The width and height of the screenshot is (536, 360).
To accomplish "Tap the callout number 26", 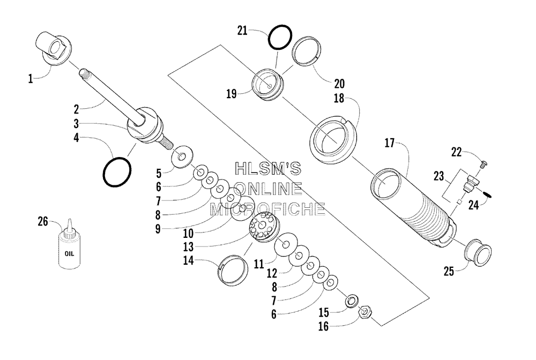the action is pyautogui.click(x=43, y=222).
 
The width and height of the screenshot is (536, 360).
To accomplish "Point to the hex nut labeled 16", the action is pyautogui.click(x=364, y=312).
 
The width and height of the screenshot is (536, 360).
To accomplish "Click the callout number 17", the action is pyautogui.click(x=390, y=143).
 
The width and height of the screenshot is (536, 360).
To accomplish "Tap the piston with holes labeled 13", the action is pyautogui.click(x=263, y=227).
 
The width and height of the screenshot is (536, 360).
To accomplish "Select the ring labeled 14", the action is pyautogui.click(x=233, y=270).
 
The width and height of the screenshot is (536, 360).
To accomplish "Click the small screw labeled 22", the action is pyautogui.click(x=483, y=164).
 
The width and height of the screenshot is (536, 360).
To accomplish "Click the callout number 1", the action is pyautogui.click(x=31, y=79).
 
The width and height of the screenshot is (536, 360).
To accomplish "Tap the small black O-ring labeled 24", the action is pyautogui.click(x=487, y=194).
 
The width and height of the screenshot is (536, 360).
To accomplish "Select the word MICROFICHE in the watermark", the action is pyautogui.click(x=267, y=209).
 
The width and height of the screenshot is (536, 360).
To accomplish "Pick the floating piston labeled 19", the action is pyautogui.click(x=267, y=85).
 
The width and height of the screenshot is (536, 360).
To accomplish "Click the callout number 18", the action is pyautogui.click(x=339, y=99).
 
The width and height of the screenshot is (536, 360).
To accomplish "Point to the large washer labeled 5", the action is pyautogui.click(x=182, y=157).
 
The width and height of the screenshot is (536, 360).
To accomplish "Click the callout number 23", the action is pyautogui.click(x=438, y=176).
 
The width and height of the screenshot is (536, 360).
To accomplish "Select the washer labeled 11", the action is pyautogui.click(x=286, y=245).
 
